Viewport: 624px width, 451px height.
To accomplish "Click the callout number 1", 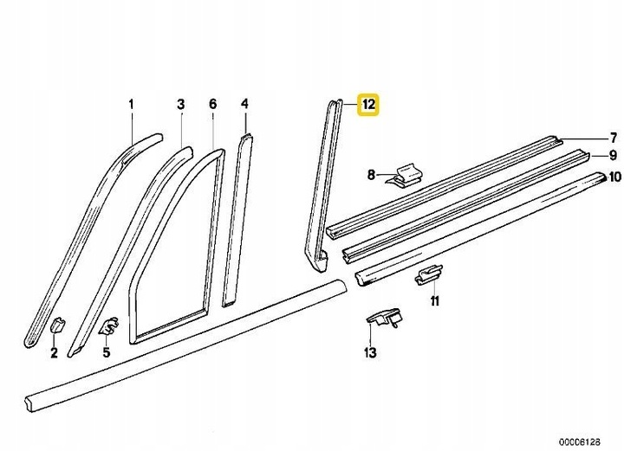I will point(133,105).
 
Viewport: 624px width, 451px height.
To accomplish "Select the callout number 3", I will point(181,105).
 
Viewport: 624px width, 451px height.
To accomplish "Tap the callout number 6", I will point(212,105).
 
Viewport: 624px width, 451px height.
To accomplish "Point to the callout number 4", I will point(244,105).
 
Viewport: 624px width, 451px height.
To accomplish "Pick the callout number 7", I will point(612,138).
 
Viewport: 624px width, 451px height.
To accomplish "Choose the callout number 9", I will point(612,156).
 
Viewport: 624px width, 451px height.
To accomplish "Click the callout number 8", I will point(371,175).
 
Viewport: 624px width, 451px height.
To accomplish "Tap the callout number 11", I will point(434,301).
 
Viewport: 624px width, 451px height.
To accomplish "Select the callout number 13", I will point(370,352).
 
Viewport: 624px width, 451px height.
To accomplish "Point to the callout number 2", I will point(54,352).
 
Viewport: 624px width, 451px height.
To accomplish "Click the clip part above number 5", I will point(108,326).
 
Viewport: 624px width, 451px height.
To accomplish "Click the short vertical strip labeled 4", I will point(236,216).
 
